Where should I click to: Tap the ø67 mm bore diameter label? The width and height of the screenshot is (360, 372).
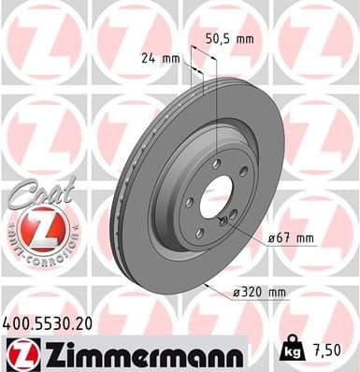click(x=289, y=236)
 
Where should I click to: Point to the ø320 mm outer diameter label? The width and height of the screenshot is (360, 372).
click(x=258, y=293)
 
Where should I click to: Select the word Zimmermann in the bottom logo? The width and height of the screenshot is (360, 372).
click(x=137, y=356)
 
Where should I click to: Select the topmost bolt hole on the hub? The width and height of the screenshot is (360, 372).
click(x=217, y=163)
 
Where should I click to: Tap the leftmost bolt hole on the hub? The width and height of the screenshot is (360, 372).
click(x=190, y=201)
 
